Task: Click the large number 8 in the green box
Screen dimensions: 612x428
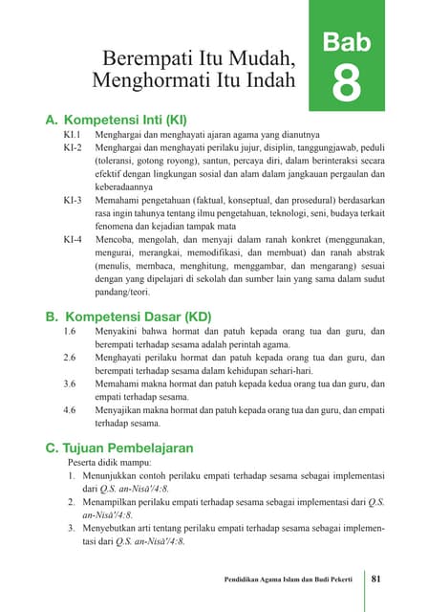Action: [x=346, y=82]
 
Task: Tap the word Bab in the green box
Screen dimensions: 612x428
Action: [x=346, y=41]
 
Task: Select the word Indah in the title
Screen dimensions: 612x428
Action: [x=267, y=80]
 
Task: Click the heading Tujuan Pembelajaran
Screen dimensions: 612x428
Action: [x=119, y=447]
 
